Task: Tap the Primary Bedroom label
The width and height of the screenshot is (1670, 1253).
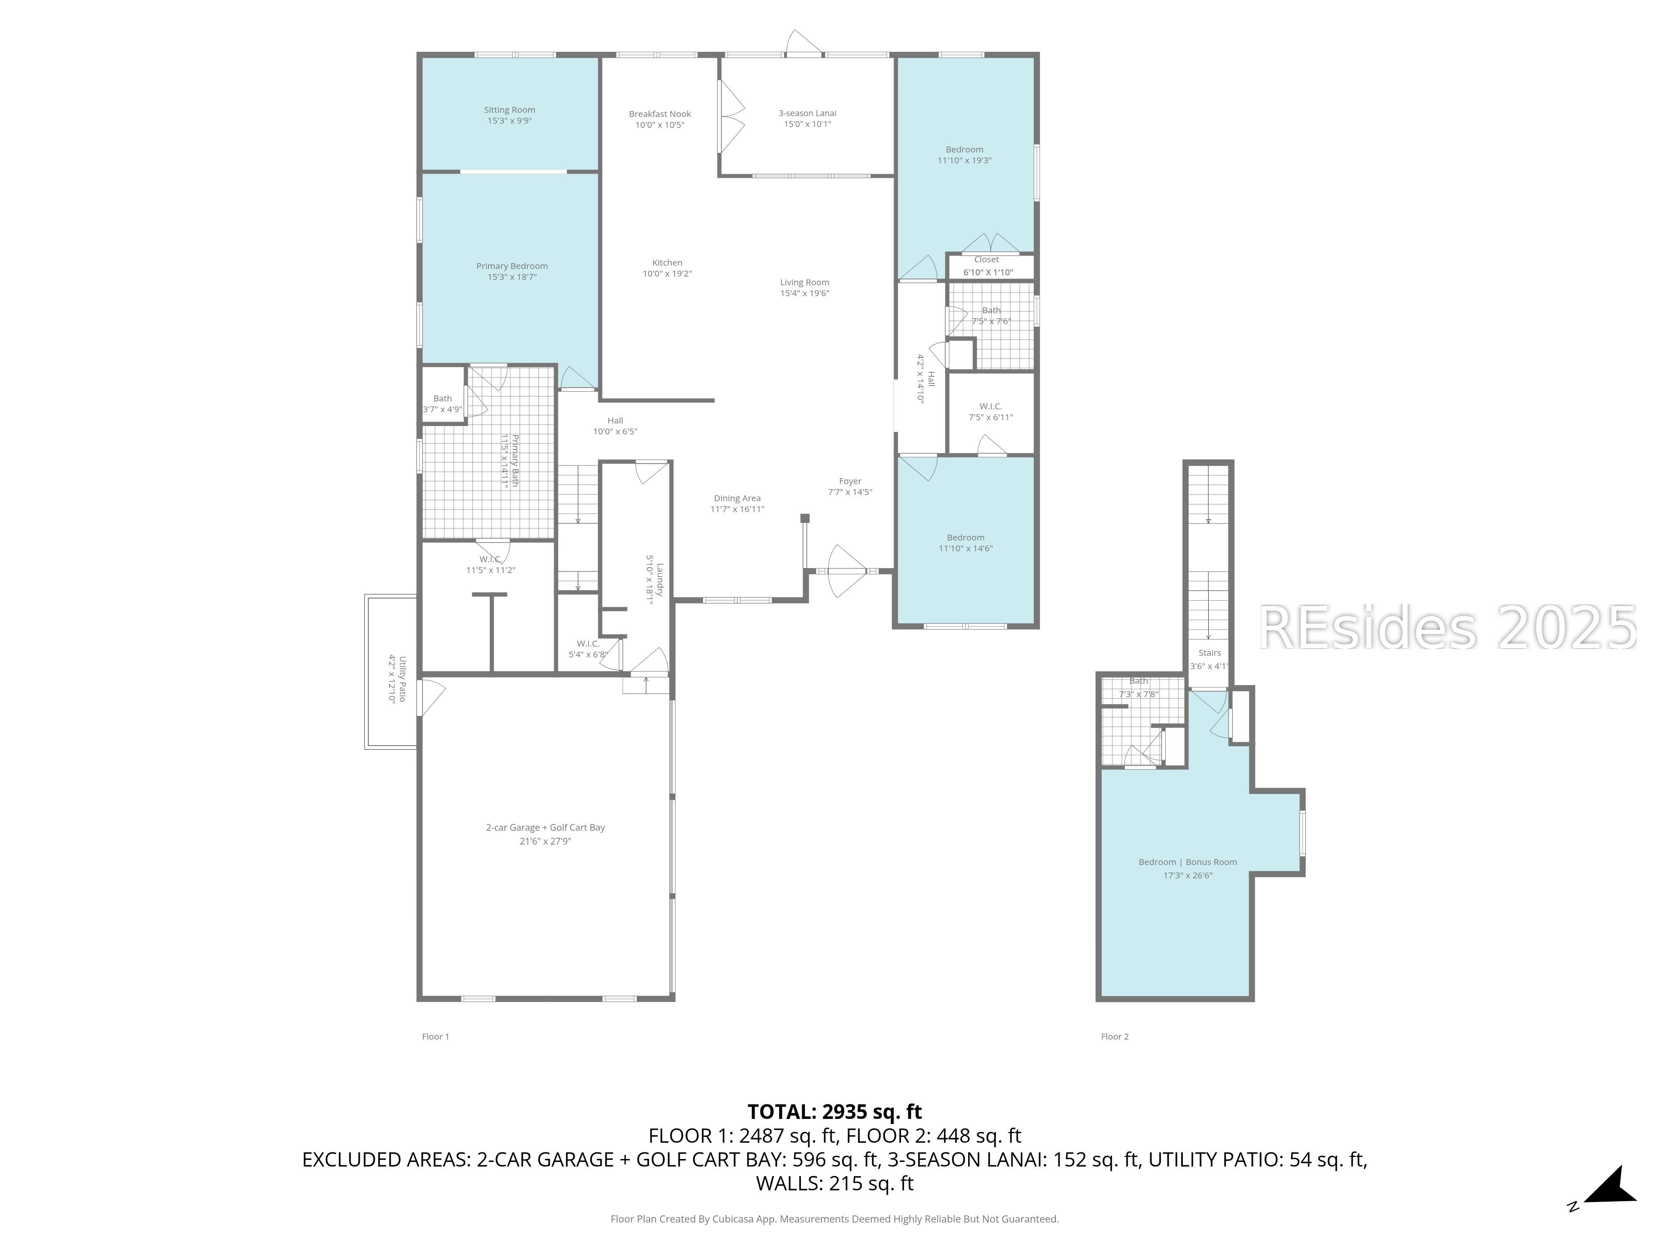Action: [512, 266]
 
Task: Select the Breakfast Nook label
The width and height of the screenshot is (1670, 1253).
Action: [660, 114]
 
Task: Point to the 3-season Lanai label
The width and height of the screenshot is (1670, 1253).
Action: [807, 113]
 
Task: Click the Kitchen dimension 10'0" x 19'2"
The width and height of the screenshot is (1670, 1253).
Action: [668, 274]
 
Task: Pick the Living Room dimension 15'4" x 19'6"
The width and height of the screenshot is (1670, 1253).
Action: [805, 294]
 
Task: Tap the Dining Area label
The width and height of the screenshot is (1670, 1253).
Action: [737, 498]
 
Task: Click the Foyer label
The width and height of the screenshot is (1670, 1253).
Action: [850, 481]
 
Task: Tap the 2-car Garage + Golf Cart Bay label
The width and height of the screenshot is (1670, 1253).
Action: [545, 828]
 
